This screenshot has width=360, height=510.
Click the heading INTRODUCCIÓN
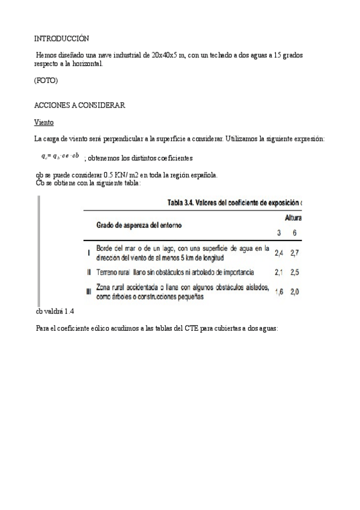point(62,38)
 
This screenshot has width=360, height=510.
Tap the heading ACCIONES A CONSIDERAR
point(79,105)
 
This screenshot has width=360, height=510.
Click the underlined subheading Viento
point(44,122)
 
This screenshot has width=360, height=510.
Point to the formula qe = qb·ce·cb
point(57,156)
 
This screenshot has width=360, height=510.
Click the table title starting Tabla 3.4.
point(228,202)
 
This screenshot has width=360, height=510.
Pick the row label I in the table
point(89,253)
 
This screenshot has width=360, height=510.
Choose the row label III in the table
point(89,292)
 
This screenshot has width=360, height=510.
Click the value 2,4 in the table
point(279,253)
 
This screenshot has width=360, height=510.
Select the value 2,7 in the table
point(294,253)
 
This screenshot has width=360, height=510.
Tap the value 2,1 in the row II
point(279,272)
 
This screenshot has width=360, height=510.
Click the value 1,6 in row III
point(279,292)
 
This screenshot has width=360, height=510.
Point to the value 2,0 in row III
point(294,292)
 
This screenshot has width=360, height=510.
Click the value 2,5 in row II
point(294,272)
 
